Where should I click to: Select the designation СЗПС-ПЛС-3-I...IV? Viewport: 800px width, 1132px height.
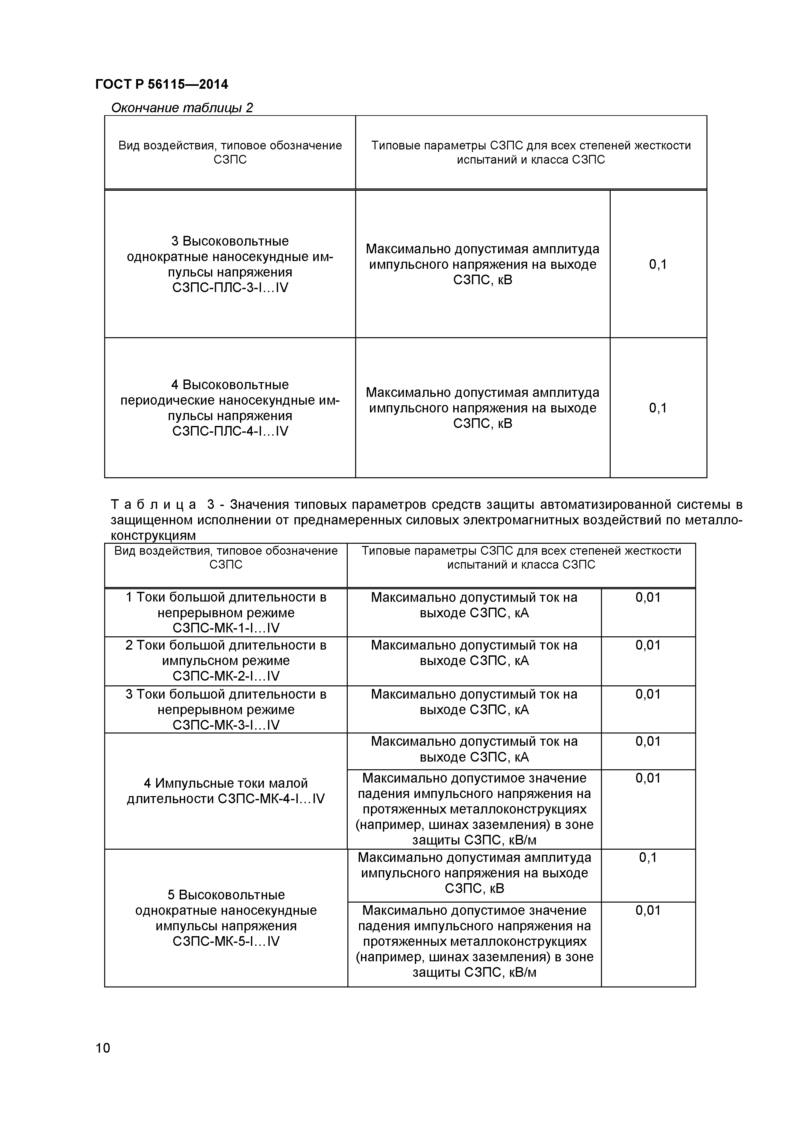tap(230, 288)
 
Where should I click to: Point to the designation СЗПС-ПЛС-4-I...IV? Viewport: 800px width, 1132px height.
tap(230, 431)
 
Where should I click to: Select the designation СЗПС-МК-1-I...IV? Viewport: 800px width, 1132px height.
tap(226, 628)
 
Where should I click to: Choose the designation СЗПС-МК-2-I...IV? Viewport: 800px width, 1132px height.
tap(226, 676)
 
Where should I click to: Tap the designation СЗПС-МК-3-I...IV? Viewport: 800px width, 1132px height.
tap(226, 725)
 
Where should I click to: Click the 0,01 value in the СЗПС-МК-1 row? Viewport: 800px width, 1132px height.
tap(648, 598)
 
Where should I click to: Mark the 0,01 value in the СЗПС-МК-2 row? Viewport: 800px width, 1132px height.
tap(648, 645)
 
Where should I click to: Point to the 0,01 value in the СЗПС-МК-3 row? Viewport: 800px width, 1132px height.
tap(648, 694)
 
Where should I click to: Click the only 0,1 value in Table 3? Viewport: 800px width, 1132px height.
tap(648, 858)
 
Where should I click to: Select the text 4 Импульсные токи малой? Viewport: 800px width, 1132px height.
tap(226, 783)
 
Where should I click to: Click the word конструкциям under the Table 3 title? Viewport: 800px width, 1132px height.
tap(153, 535)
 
